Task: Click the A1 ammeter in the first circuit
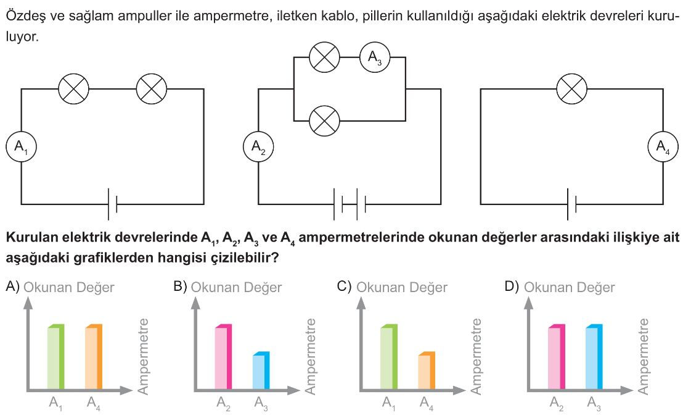click(x=21, y=146)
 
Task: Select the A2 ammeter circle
click(x=258, y=146)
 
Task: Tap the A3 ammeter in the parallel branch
click(x=375, y=57)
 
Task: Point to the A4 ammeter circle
click(x=663, y=146)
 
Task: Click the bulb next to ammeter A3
click(x=324, y=57)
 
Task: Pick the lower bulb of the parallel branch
click(x=324, y=120)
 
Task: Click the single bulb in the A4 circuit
click(x=572, y=89)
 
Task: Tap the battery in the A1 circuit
click(x=112, y=204)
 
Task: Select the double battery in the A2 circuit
click(x=350, y=204)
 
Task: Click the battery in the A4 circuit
click(x=572, y=204)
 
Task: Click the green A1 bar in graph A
click(x=55, y=356)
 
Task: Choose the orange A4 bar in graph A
click(x=94, y=356)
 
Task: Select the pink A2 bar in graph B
click(x=224, y=356)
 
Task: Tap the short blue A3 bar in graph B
click(x=261, y=370)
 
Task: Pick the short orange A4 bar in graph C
click(x=427, y=370)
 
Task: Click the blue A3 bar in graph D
click(x=594, y=356)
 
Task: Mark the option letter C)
click(x=344, y=287)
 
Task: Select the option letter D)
click(x=512, y=287)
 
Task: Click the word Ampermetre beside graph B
click(x=309, y=356)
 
